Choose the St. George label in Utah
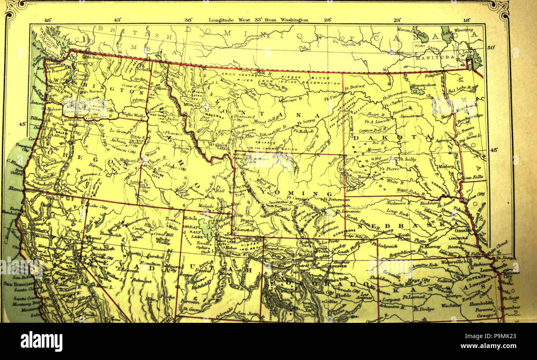[x=192, y=308]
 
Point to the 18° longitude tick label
[x=466, y=19]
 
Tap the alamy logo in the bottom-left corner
[x=41, y=341]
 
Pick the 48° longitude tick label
[x=48, y=19]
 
